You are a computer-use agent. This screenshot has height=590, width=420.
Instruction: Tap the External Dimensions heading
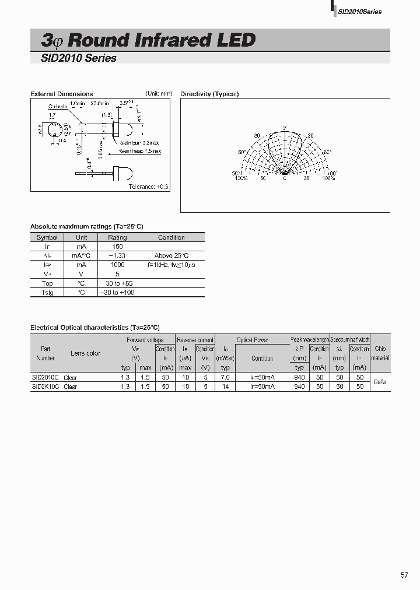(61, 94)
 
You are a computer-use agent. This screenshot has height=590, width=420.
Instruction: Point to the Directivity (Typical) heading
(209, 94)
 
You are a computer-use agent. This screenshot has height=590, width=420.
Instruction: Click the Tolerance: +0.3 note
(148, 187)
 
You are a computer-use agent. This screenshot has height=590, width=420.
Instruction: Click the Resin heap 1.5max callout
(140, 151)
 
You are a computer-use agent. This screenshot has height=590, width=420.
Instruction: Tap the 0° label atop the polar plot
(285, 128)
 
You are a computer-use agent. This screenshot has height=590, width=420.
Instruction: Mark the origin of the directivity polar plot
(285, 173)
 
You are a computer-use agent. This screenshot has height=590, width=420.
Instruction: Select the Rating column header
(117, 237)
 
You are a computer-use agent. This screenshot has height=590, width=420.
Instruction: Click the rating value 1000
(117, 265)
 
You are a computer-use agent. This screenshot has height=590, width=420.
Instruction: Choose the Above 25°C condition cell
(171, 256)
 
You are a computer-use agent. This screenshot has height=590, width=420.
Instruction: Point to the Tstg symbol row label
(47, 292)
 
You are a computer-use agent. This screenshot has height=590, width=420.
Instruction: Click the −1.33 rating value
(117, 256)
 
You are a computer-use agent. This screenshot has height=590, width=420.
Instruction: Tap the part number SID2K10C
(45, 387)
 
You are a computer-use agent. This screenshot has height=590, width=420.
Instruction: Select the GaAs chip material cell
(380, 382)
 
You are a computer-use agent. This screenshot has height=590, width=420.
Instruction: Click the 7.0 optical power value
(226, 377)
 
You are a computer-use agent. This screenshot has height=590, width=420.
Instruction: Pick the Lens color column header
(86, 353)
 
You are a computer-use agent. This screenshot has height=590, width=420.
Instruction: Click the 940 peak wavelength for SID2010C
(299, 377)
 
